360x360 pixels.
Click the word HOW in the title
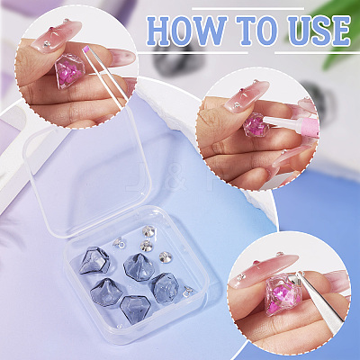point(186,31)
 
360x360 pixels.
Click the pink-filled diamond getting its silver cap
point(280,293)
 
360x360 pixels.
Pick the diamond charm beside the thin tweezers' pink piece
point(70,70)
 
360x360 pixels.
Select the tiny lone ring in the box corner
point(120,326)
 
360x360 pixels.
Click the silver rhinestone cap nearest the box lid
point(148,231)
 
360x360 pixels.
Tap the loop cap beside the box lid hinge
point(118,242)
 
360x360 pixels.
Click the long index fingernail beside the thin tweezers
point(121,57)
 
